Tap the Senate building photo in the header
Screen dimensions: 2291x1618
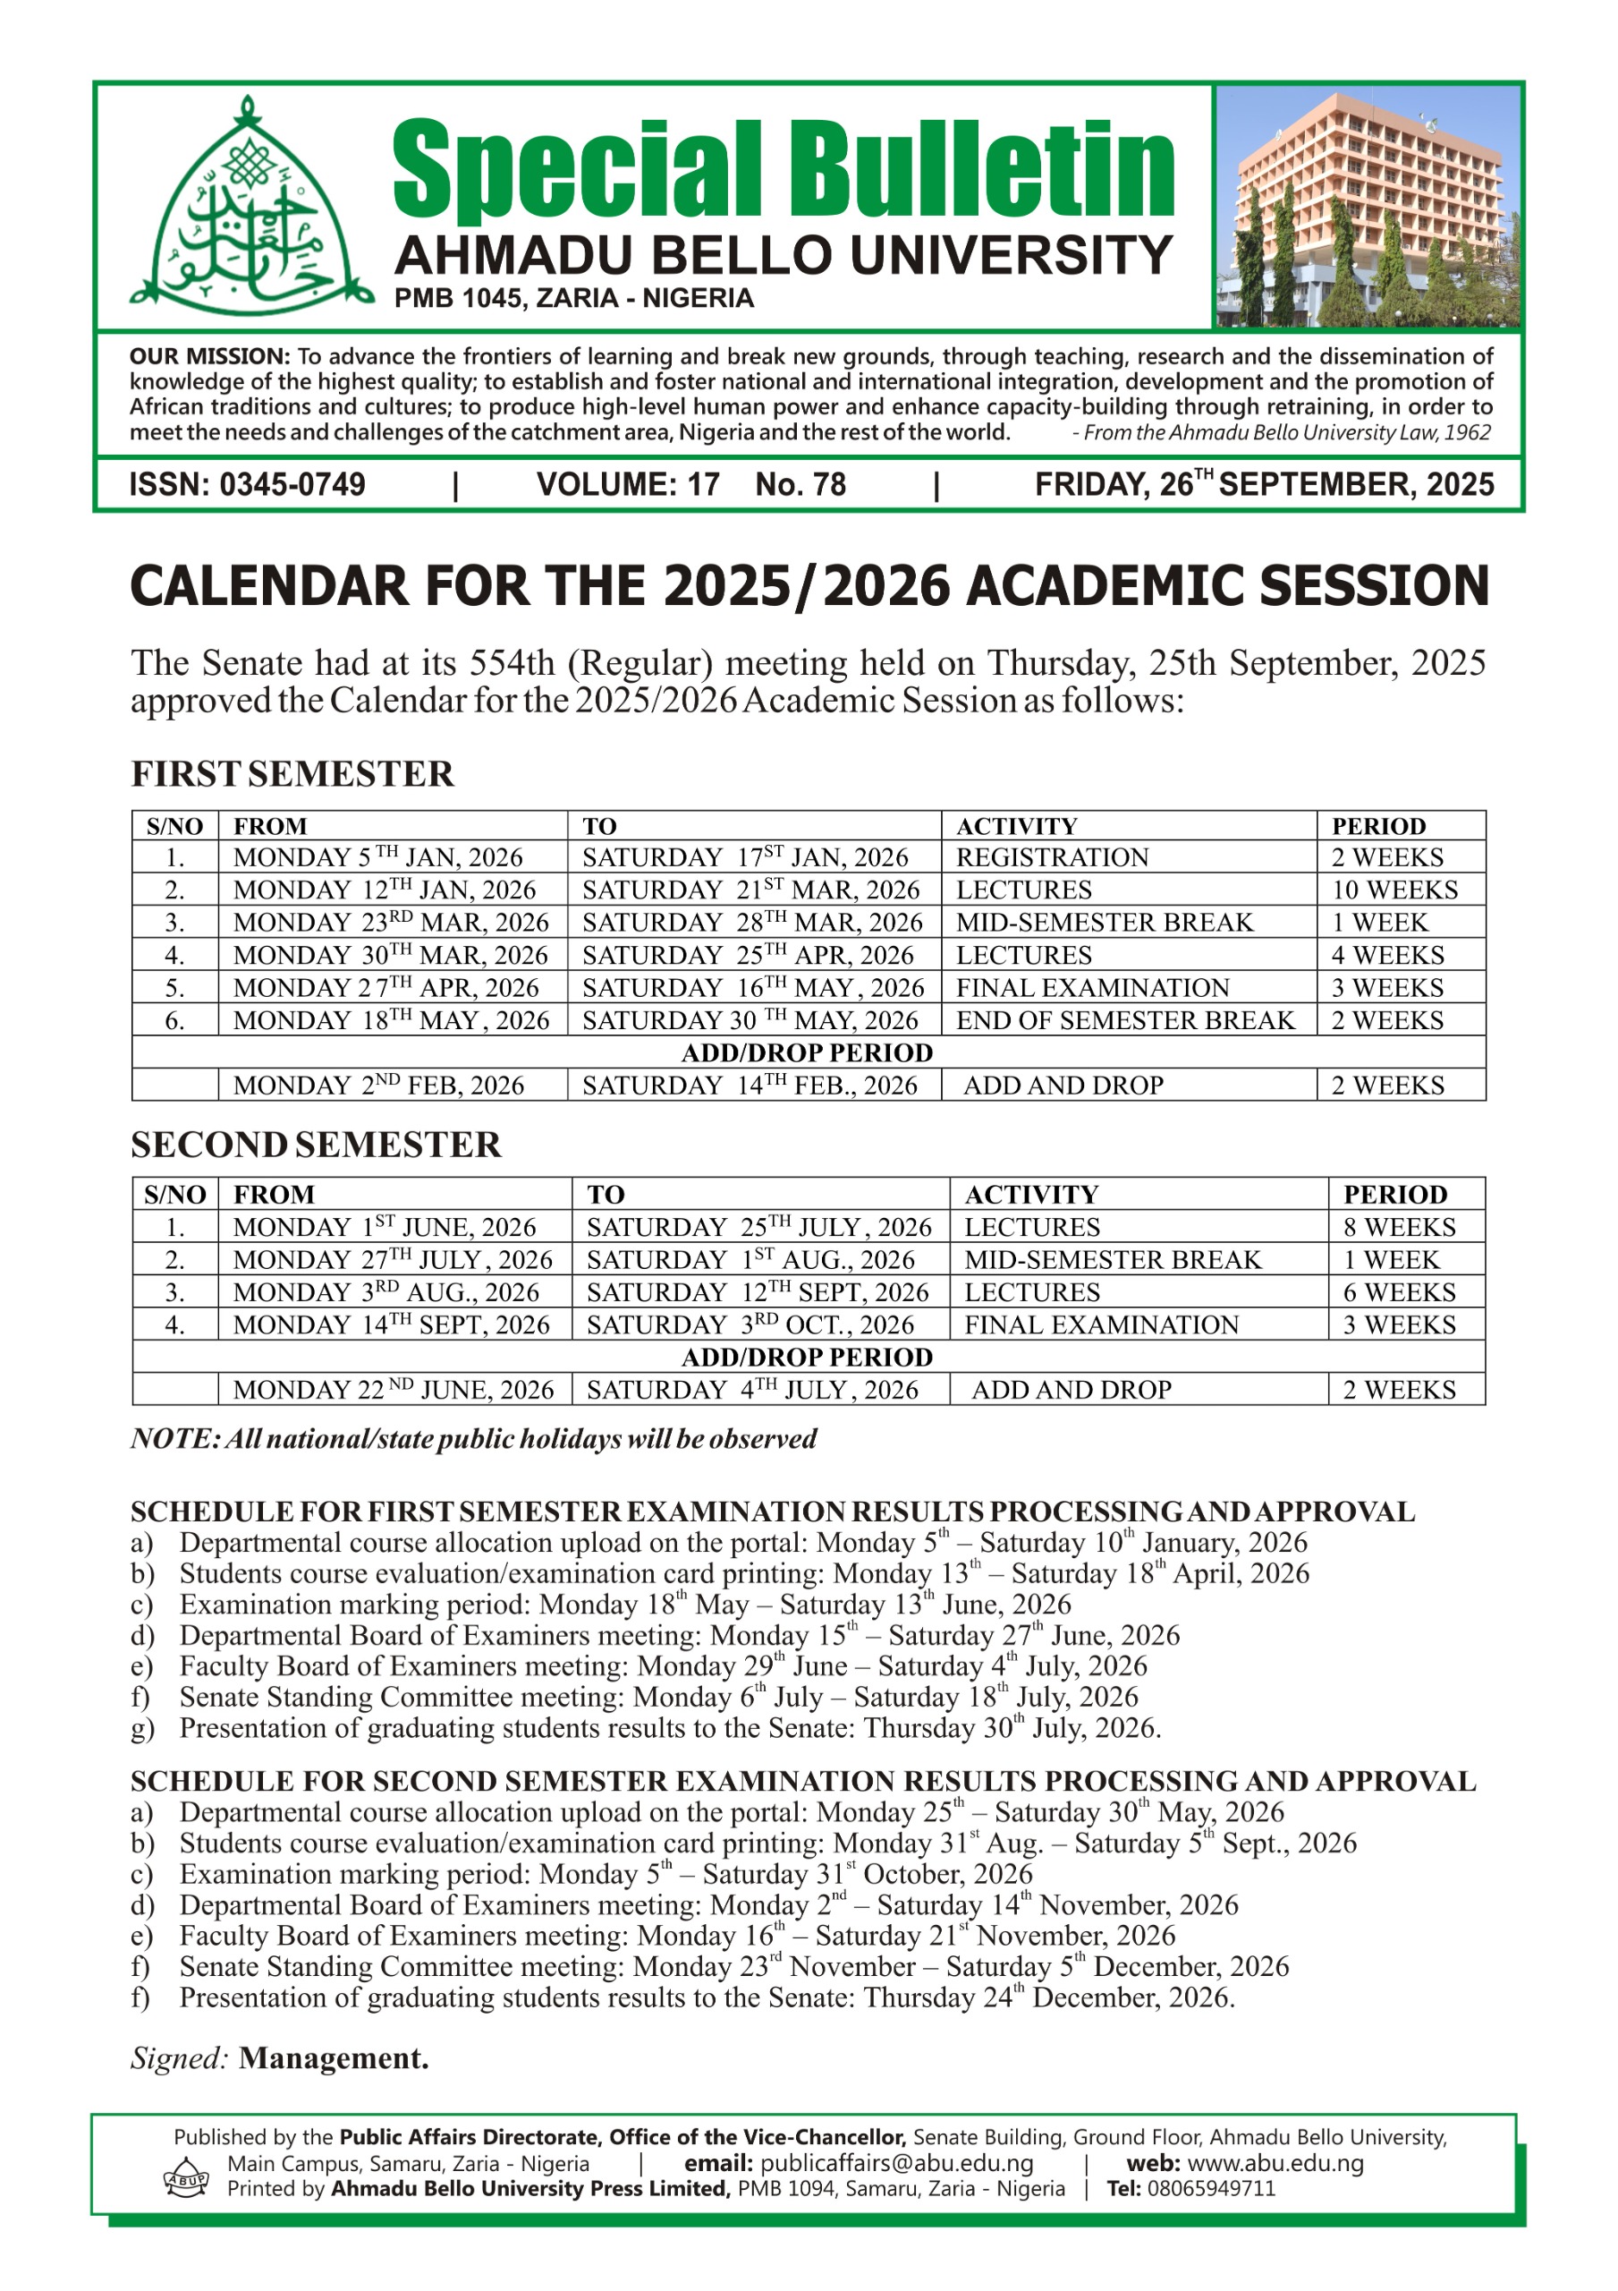[1368, 208]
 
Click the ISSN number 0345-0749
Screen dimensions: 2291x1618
[292, 485]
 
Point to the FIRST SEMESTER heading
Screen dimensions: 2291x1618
[292, 774]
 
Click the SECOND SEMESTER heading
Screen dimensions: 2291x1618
[315, 1145]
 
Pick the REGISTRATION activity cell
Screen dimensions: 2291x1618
[1053, 857]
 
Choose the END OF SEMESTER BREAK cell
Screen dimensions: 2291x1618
[1125, 1020]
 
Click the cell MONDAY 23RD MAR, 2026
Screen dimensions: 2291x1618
[391, 922]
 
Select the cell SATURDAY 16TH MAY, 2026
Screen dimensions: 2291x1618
[753, 988]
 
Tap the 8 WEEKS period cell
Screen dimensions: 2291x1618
[1399, 1227]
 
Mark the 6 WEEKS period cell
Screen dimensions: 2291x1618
[1399, 1292]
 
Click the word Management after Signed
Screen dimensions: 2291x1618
[334, 2058]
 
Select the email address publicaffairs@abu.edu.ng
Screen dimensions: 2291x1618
[896, 2163]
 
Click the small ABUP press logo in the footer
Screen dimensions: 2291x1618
[185, 2177]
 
